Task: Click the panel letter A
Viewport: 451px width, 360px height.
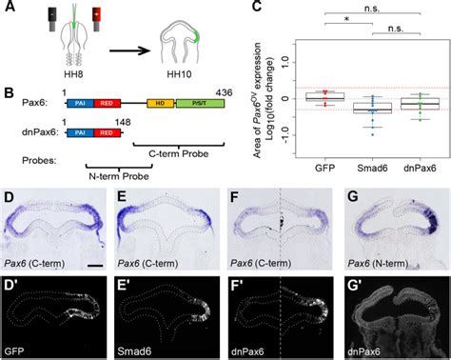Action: click(9, 9)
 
